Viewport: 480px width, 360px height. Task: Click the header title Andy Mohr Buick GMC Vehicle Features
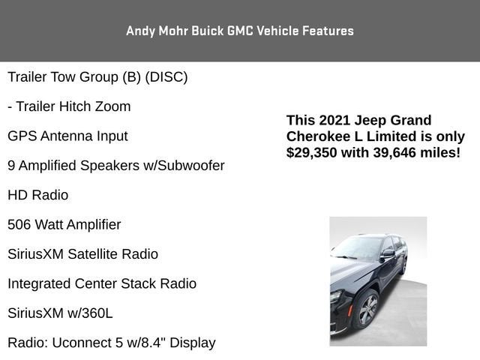click(x=240, y=31)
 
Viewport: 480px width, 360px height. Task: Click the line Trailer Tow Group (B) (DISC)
click(x=97, y=77)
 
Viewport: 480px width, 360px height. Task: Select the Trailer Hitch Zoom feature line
click(x=69, y=106)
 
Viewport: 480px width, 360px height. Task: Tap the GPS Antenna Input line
click(x=67, y=136)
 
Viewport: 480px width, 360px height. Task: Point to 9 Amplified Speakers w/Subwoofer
click(x=116, y=166)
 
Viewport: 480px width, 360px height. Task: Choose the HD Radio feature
click(x=37, y=195)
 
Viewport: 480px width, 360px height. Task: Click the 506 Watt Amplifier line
click(x=64, y=224)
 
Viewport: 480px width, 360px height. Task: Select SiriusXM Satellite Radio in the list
click(x=82, y=254)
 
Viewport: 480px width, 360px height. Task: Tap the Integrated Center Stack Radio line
click(x=102, y=283)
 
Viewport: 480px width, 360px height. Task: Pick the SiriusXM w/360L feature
click(x=60, y=313)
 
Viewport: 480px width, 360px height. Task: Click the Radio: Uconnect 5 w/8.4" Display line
click(x=112, y=343)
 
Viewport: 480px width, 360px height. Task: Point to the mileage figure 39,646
click(x=396, y=153)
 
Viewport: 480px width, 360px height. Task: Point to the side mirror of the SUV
click(x=387, y=255)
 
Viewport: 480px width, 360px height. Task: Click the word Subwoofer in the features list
click(x=190, y=166)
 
